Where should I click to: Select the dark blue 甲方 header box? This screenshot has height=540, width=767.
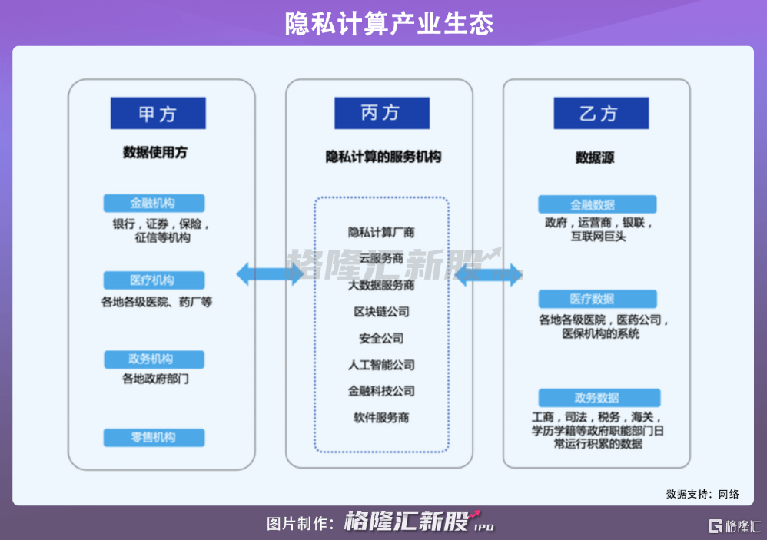tap(158, 114)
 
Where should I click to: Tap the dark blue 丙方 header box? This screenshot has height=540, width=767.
tap(381, 113)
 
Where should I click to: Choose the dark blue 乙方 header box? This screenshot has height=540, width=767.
tap(600, 114)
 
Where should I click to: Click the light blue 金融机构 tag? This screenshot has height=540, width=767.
tap(154, 204)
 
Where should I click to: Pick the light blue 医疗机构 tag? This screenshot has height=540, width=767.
tap(154, 280)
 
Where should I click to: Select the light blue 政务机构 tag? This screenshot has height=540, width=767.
tap(154, 359)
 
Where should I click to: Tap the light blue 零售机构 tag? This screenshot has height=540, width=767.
tap(154, 437)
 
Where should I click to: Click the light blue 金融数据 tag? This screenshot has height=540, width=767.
tap(597, 205)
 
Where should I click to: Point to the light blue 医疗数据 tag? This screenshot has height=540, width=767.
tap(597, 299)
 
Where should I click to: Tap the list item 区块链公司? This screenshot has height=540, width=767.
tap(381, 312)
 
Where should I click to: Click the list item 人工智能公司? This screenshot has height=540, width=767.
tap(381, 365)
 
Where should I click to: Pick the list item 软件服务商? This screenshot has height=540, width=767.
tap(381, 418)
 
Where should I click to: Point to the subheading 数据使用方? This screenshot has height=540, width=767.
tap(154, 152)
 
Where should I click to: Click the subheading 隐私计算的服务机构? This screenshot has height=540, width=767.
tap(383, 157)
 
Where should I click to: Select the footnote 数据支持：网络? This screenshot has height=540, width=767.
tap(702, 494)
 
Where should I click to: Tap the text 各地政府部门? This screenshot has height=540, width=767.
tap(155, 379)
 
